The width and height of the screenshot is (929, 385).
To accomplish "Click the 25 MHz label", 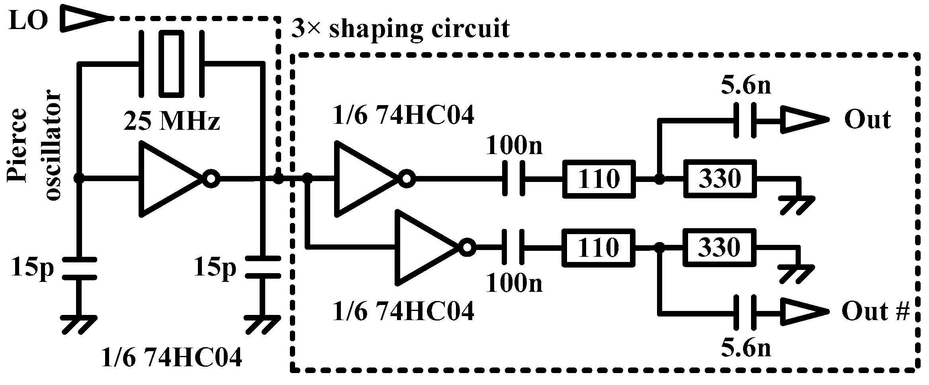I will click(x=171, y=122).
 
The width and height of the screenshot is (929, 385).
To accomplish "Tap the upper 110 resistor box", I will click(x=598, y=179).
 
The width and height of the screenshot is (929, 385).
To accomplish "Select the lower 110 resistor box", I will click(x=598, y=247).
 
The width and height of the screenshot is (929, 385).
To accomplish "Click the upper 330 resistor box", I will click(x=720, y=178).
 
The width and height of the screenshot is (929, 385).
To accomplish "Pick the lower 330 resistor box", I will click(x=720, y=247).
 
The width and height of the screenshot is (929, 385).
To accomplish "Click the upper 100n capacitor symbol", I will click(x=514, y=179).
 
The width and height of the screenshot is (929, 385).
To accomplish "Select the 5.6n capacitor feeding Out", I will click(x=743, y=121).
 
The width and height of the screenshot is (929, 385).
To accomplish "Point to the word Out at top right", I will click(x=867, y=119).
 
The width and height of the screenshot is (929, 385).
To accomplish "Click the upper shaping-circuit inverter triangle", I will click(x=364, y=179).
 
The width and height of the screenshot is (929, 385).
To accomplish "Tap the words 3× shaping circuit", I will click(x=400, y=29).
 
